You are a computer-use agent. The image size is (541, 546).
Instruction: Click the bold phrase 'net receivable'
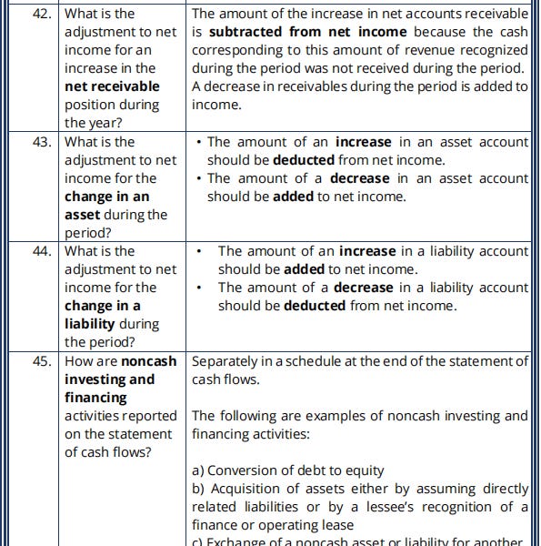pyautogui.click(x=112, y=86)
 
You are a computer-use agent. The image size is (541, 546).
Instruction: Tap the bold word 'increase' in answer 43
pyautogui.click(x=363, y=142)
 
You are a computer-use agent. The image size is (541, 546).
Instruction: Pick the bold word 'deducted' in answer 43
pyautogui.click(x=304, y=160)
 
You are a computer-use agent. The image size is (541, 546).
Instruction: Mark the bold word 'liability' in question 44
pyautogui.click(x=89, y=324)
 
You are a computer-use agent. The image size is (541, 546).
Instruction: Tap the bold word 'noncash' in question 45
pyautogui.click(x=148, y=361)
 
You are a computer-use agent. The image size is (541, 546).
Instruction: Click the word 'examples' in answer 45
pyautogui.click(x=337, y=416)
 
